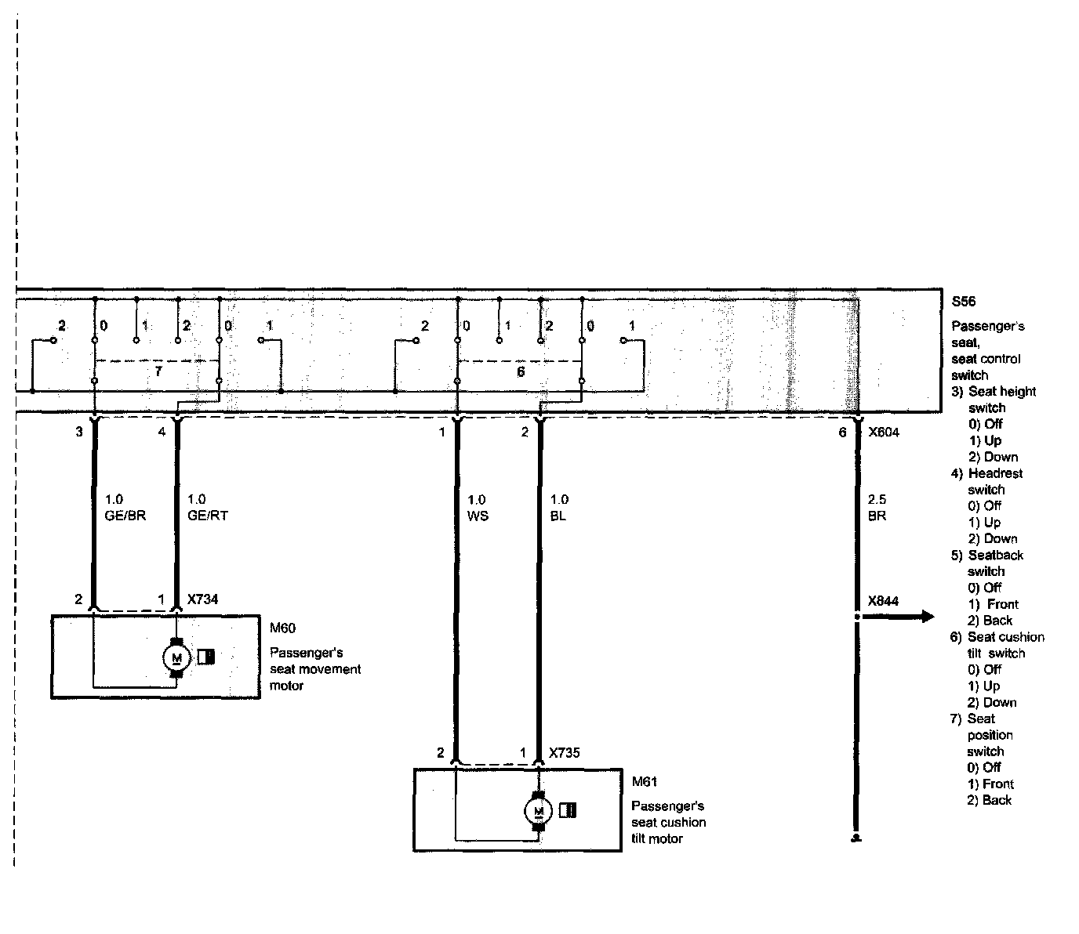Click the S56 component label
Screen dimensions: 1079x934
963,302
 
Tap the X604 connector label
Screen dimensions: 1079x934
883,433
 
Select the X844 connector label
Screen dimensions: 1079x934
883,601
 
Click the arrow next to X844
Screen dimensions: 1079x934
898,617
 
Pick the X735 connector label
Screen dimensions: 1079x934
565,752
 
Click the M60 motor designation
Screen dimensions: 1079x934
282,628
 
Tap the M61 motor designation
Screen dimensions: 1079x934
644,781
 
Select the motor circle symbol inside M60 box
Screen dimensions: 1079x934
176,657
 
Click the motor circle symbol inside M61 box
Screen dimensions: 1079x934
538,811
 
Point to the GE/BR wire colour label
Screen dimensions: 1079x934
125,516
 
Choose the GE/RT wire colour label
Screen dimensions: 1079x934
208,516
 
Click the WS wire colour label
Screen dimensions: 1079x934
478,516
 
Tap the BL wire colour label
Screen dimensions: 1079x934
558,516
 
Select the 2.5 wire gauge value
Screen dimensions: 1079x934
877,500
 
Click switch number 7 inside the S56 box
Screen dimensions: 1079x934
158,371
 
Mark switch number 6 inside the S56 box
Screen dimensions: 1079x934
521,372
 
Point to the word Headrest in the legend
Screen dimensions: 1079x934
995,473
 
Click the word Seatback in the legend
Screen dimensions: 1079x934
995,556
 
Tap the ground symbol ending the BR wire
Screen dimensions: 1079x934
856,838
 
